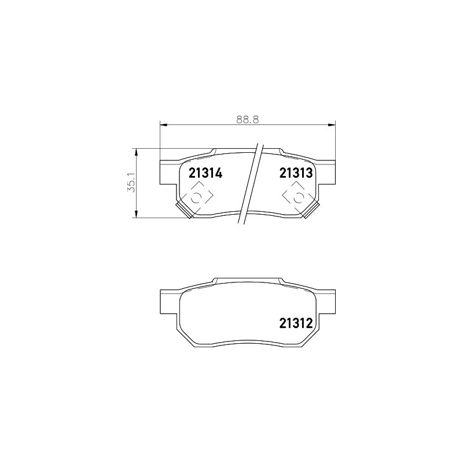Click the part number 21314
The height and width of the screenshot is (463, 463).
(205, 173)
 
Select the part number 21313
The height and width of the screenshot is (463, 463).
(296, 173)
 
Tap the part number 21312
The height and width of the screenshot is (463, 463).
(296, 324)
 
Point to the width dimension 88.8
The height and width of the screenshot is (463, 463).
(248, 120)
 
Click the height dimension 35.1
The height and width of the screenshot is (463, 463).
(131, 183)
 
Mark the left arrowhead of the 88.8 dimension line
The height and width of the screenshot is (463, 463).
(163, 124)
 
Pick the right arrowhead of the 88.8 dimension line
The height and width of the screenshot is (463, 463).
(332, 124)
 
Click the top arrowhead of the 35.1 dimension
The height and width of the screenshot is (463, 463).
(136, 152)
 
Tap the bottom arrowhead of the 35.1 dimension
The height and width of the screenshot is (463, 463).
(136, 214)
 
